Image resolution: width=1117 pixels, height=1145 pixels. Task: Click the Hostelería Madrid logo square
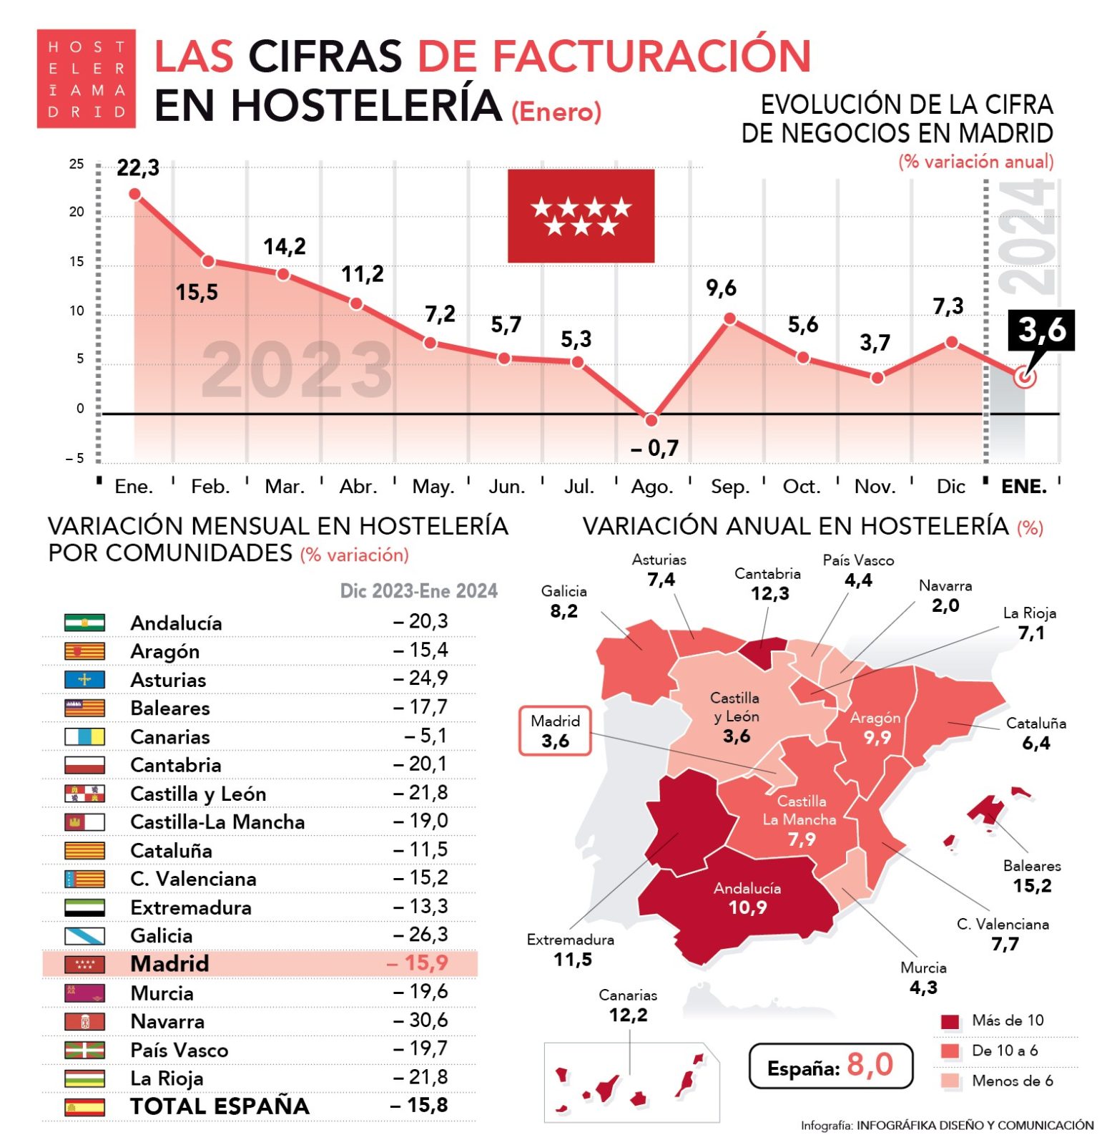coord(86,79)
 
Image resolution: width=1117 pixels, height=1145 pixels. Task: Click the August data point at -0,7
coord(651,420)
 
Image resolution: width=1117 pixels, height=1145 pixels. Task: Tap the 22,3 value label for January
coord(138,168)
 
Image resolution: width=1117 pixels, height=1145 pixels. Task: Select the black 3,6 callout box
coord(1041,330)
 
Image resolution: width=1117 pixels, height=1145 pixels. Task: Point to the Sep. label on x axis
coord(729,487)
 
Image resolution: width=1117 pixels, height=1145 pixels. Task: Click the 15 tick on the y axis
coord(77,262)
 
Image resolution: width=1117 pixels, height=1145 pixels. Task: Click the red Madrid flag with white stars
coord(581,215)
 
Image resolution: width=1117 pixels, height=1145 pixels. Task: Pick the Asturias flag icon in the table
coord(84,680)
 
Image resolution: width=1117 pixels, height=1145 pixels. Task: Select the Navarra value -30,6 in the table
coord(420,1020)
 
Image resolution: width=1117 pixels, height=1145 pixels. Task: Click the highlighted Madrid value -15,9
coord(418,963)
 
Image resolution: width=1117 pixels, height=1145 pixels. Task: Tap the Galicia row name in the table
coord(161,936)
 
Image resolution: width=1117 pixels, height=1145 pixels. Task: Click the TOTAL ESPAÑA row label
coord(220,1106)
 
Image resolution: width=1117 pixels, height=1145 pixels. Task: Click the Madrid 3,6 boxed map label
coord(556,731)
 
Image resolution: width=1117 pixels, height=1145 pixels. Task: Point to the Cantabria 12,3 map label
coord(768,584)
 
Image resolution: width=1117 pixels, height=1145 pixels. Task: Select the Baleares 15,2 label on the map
coord(1032,876)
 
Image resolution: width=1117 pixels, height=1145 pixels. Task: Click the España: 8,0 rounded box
coord(830,1066)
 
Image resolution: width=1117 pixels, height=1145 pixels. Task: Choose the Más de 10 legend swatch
coord(950,1021)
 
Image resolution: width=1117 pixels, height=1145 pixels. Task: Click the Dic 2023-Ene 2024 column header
coord(418,591)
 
